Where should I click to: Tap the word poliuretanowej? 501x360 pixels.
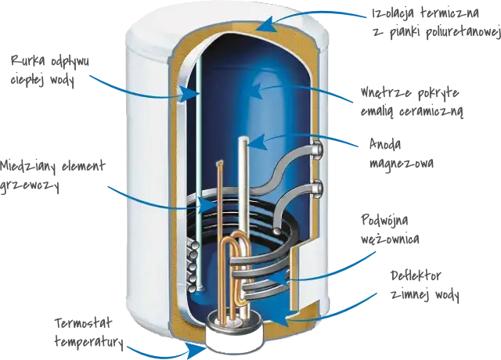point(463,33)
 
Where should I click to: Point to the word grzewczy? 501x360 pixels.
point(30,185)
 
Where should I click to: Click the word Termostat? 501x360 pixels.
point(84,323)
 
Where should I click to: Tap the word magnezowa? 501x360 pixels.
point(402,164)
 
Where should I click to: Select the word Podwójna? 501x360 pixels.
point(384,221)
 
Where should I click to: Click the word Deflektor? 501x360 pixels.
point(416,276)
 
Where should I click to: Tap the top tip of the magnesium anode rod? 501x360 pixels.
point(243,139)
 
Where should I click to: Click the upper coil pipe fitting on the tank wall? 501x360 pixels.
point(317,149)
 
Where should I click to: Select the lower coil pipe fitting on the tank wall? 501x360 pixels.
point(317,189)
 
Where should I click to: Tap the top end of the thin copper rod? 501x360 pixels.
point(219,163)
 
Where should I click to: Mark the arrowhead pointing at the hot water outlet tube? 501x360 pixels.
point(191,93)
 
